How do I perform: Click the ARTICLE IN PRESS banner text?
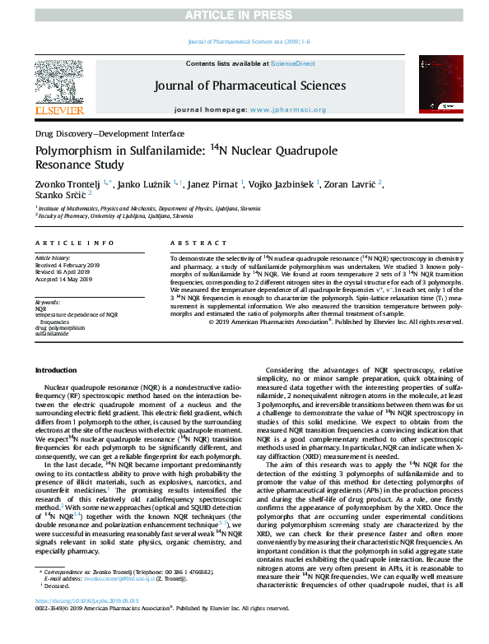pos(244,16)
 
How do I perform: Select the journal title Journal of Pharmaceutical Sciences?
pos(244,86)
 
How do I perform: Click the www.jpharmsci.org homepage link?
pos(287,109)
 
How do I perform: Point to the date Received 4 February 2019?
pos(72,265)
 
